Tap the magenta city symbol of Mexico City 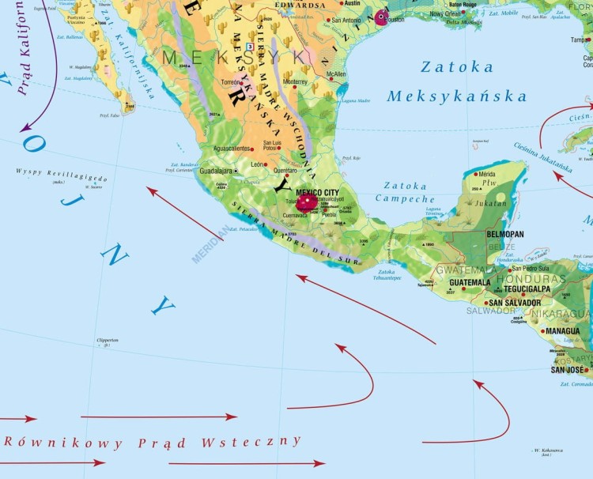305,203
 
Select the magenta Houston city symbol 383,17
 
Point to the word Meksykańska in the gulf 457,96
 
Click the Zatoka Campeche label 409,193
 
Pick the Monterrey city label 294,81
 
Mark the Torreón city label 232,82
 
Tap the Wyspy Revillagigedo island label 61,175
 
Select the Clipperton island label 108,339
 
